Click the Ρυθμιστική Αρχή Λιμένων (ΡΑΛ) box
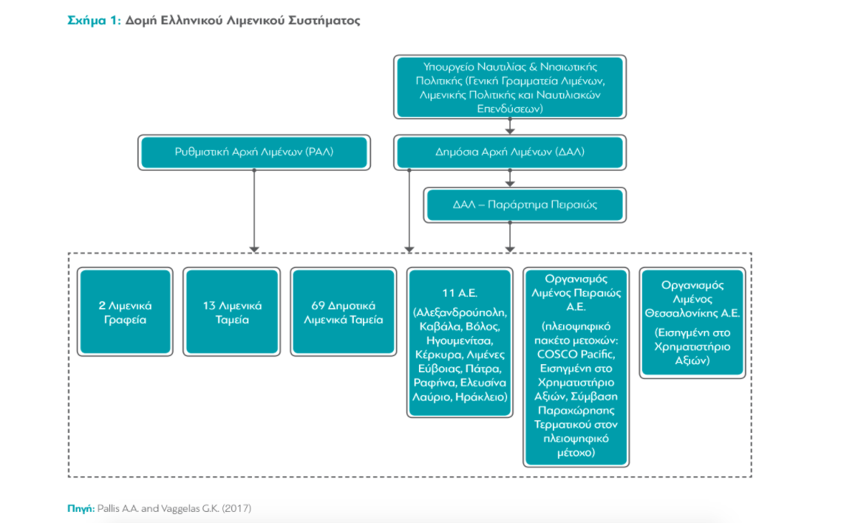click(x=255, y=152)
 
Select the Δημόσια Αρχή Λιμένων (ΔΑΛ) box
click(x=510, y=152)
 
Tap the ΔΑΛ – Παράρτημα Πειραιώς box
click(x=525, y=205)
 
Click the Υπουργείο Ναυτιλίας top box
click(x=511, y=86)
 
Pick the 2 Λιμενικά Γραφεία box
click(x=126, y=312)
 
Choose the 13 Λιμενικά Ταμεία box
click(x=233, y=312)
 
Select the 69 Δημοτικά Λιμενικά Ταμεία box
click(x=344, y=312)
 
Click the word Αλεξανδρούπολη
click(x=460, y=312)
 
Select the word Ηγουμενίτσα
click(x=460, y=340)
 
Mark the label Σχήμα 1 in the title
click(x=89, y=21)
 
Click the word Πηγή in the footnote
click(x=80, y=508)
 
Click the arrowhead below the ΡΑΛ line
click(x=254, y=247)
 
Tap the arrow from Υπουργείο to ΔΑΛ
click(x=510, y=129)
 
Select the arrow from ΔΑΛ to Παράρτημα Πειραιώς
click(x=510, y=182)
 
